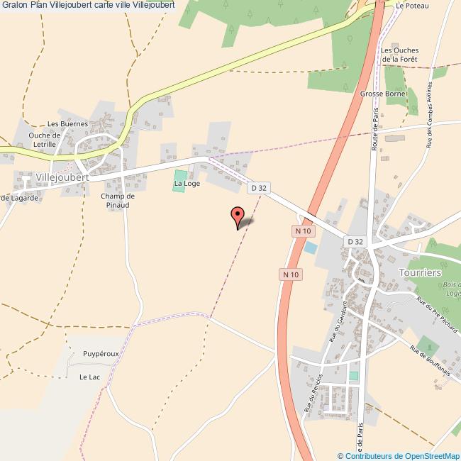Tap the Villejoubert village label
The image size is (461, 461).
click(62, 177)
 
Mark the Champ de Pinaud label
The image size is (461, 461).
click(118, 200)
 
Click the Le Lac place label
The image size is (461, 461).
click(89, 377)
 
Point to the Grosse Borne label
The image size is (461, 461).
click(382, 94)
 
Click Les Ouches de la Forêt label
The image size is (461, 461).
click(400, 55)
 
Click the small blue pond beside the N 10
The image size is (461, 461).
click(311, 248)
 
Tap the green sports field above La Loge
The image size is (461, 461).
click(180, 175)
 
